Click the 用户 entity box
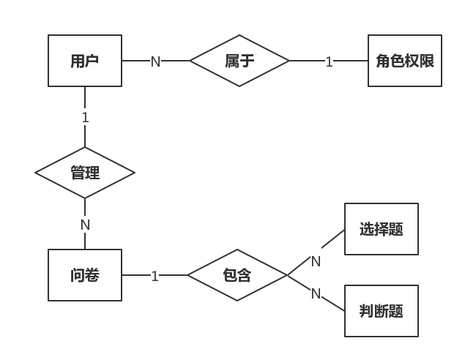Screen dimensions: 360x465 pyautogui.click(x=85, y=61)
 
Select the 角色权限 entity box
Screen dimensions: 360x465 pyautogui.click(x=405, y=61)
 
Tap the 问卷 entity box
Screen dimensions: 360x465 pyautogui.click(x=85, y=275)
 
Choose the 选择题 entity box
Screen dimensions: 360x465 pyautogui.click(x=381, y=229)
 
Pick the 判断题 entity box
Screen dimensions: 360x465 pyautogui.click(x=381, y=311)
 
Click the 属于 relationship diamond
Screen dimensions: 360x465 pyautogui.click(x=239, y=61)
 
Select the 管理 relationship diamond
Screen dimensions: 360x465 pyautogui.click(x=85, y=173)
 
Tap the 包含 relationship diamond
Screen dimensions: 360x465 pyautogui.click(x=237, y=275)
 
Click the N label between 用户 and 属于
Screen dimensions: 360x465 pyautogui.click(x=155, y=61)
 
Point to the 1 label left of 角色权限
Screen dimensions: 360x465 pyautogui.click(x=329, y=61)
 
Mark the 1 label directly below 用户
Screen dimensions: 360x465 pyautogui.click(x=85, y=117)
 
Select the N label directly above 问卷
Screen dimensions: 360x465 pyautogui.click(x=85, y=225)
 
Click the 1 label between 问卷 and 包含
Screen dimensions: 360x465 pyautogui.click(x=155, y=276)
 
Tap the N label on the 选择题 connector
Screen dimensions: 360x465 pyautogui.click(x=316, y=260)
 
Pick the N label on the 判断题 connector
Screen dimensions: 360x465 pyautogui.click(x=316, y=293)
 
